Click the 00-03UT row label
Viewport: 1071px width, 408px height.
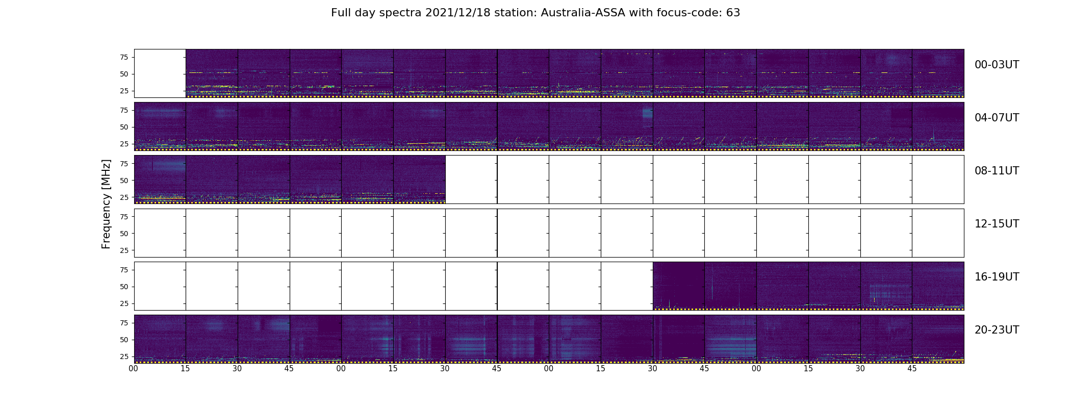[x=997, y=65]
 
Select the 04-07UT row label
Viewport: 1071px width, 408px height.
[x=997, y=118]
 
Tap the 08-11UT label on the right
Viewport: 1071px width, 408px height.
[x=997, y=171]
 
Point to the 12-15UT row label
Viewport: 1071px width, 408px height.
[x=997, y=224]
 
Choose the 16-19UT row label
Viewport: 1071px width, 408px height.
[x=997, y=277]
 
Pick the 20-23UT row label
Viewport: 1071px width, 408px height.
[x=997, y=330]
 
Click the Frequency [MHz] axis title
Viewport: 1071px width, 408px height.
[x=106, y=204]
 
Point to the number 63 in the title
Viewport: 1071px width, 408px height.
[x=733, y=13]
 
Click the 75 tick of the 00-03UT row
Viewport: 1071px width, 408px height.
[x=123, y=57]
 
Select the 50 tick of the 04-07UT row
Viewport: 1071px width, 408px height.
[x=123, y=127]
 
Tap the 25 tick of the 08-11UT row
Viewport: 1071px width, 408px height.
[x=123, y=197]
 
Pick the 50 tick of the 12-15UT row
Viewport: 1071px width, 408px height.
[x=123, y=234]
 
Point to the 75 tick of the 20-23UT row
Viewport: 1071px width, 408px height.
[x=123, y=323]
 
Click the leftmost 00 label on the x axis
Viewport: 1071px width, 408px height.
[x=134, y=369]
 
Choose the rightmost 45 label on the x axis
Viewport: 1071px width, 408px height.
[x=912, y=369]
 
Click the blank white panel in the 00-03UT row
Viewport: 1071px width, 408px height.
[x=160, y=73]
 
